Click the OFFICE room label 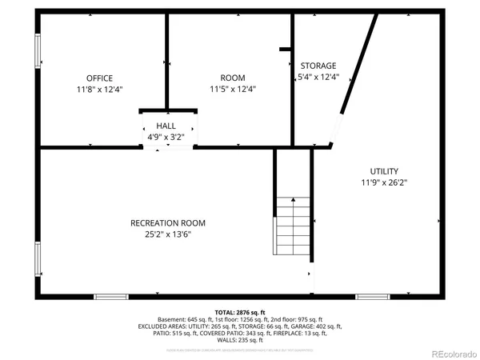tap(98, 78)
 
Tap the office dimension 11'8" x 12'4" tap(98, 90)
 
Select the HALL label tap(166, 126)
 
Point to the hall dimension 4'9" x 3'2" tap(166, 137)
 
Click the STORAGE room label tap(318, 66)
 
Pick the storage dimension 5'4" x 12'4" tap(318, 78)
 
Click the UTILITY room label tap(384, 171)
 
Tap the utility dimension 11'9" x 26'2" tap(384, 183)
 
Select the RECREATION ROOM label tap(168, 222)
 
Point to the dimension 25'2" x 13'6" tap(168, 234)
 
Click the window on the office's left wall tap(37, 50)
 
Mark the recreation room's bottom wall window tap(111, 297)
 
